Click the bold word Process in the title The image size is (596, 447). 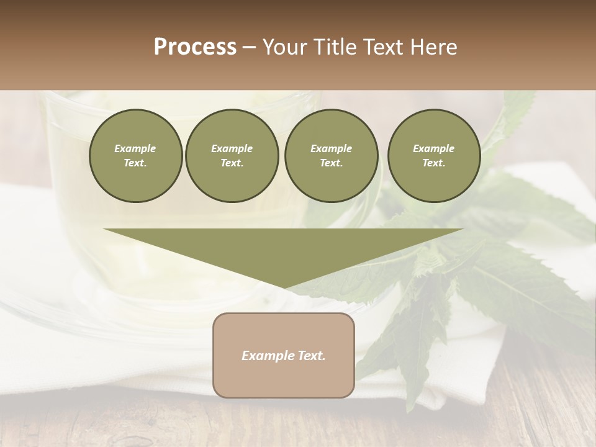point(195,47)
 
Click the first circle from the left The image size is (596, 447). point(135,156)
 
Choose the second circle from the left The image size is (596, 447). point(232,156)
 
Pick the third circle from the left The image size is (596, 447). point(331,156)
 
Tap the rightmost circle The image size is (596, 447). point(434,156)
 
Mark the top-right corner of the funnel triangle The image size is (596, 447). point(462,230)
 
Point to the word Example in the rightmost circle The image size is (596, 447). point(434,148)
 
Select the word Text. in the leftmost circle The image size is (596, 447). point(135,163)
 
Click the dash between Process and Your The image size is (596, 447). point(250,48)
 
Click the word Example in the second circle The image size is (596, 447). point(232,148)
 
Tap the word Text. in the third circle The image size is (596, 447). point(331,163)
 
